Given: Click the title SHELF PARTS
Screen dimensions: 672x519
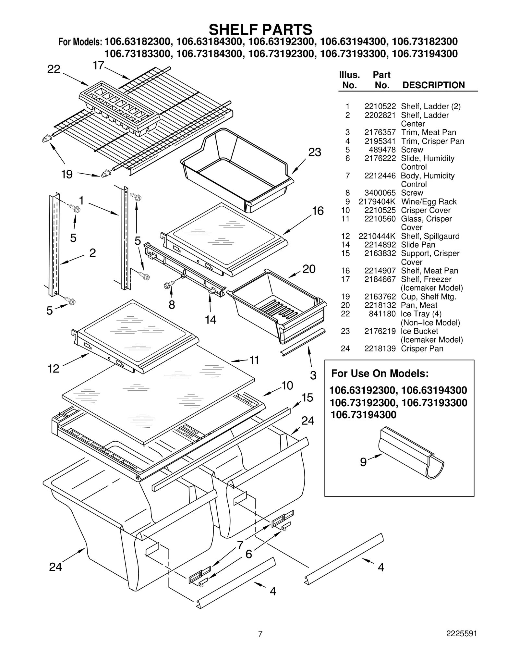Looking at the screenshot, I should [260, 30].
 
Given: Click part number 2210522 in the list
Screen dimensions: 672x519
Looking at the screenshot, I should [380, 106].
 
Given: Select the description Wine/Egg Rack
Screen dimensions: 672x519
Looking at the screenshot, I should [428, 202].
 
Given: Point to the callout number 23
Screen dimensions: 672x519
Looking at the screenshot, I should [314, 152].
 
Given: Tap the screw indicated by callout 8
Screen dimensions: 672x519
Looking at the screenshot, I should [169, 285].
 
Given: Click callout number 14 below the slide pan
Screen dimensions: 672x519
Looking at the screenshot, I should [211, 320].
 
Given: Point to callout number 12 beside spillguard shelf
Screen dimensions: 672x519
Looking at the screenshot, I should [54, 369].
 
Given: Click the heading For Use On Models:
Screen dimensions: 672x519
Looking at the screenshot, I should [380, 373].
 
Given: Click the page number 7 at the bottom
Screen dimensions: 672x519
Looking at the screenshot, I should [260, 643].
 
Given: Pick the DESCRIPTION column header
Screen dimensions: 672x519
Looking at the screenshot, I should [433, 85].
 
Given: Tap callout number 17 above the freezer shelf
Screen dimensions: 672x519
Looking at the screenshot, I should [98, 66].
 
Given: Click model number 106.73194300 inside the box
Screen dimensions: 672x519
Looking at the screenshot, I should [363, 415].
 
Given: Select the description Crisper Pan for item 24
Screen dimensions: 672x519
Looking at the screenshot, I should [422, 348].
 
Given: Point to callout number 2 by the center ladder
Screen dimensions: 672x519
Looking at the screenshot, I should [92, 253].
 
